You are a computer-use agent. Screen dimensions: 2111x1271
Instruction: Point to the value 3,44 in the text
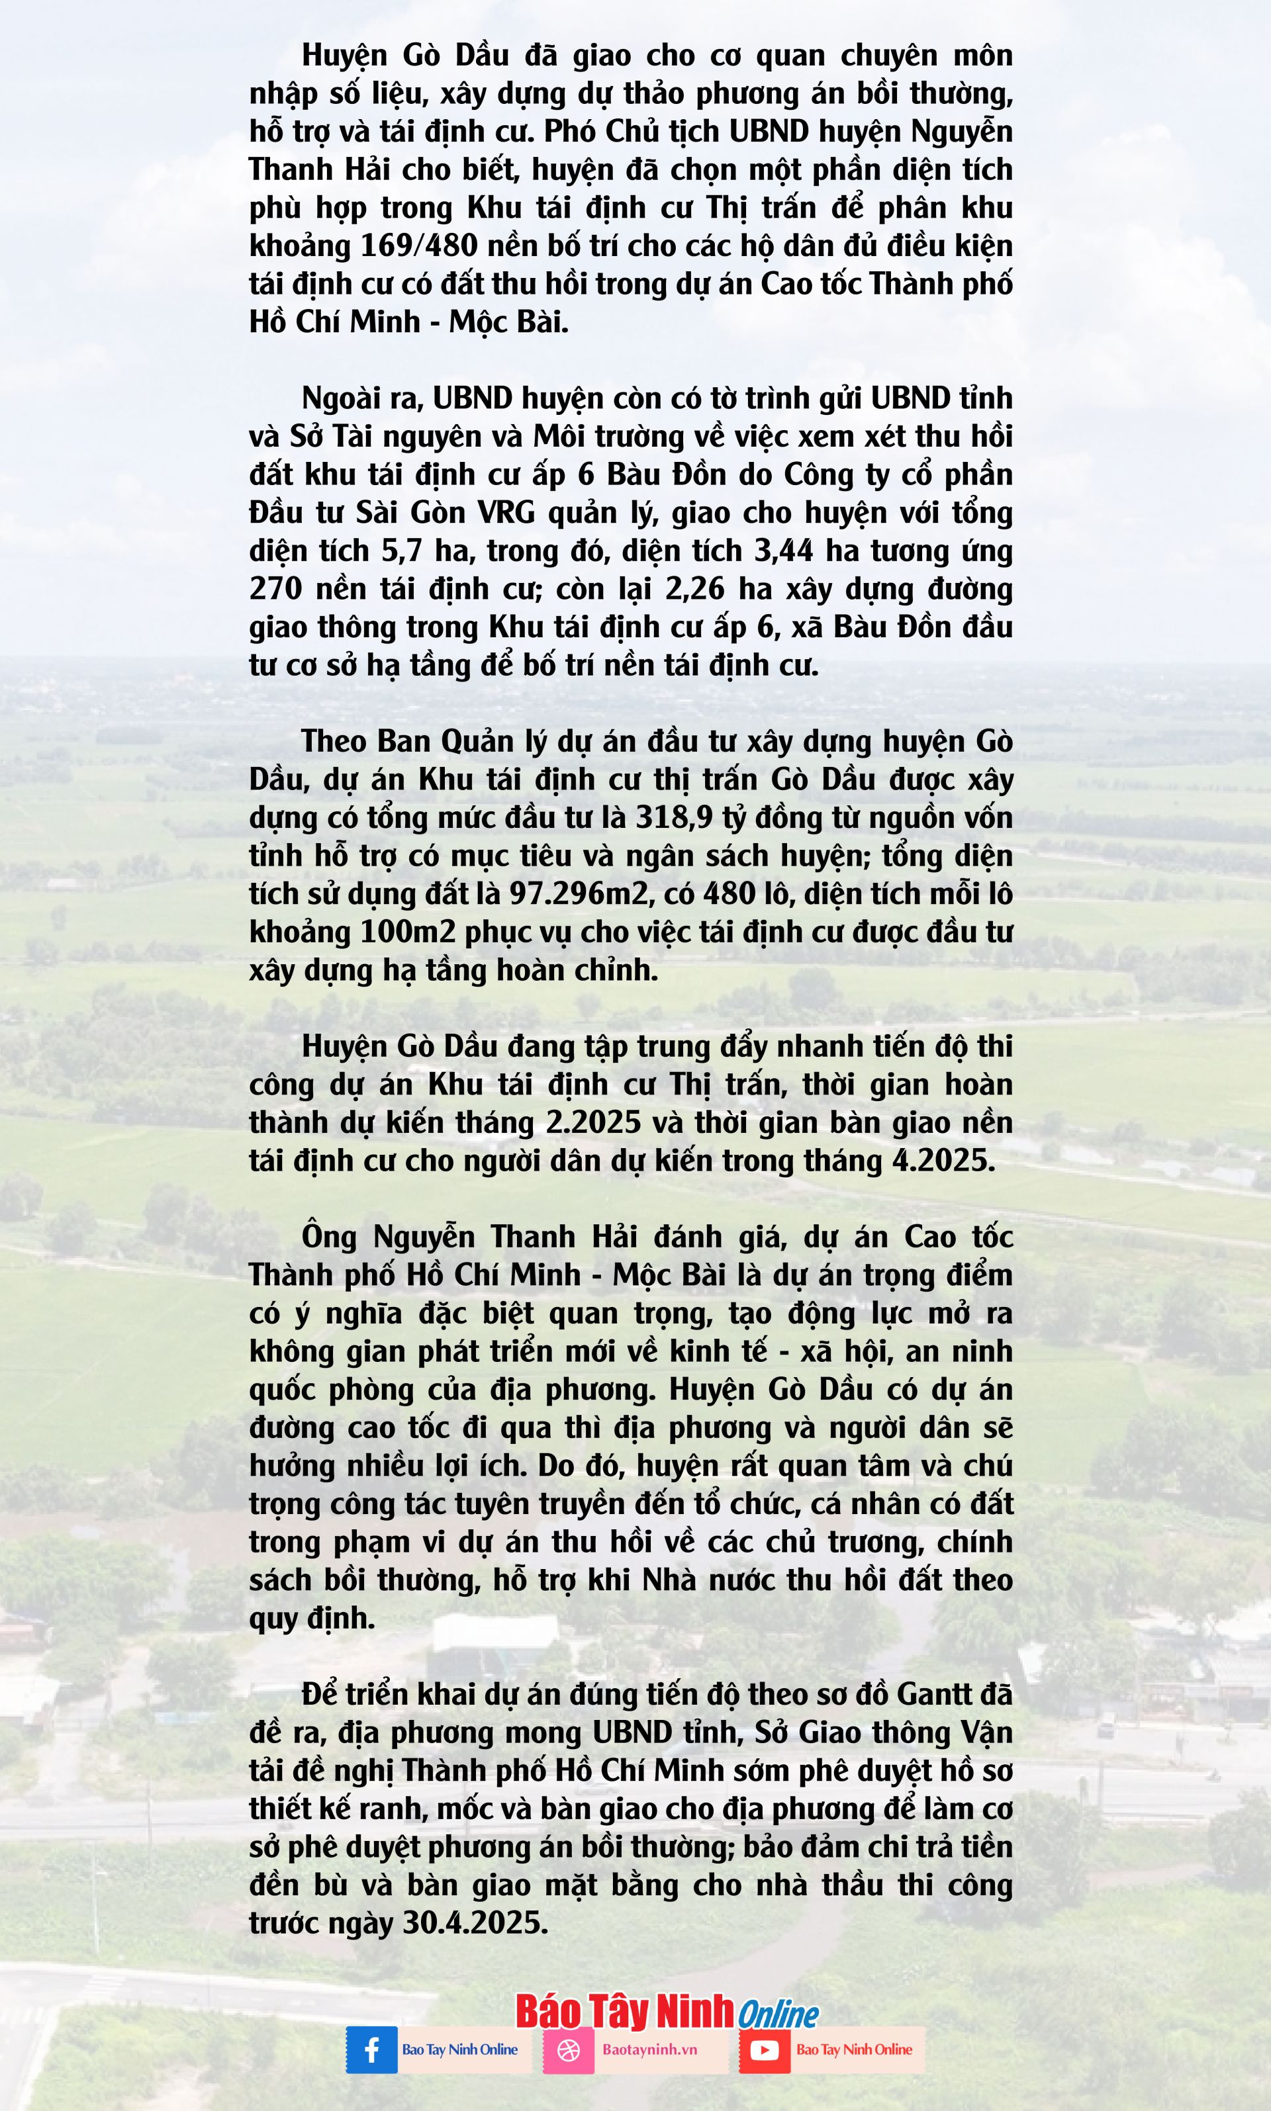tap(783, 551)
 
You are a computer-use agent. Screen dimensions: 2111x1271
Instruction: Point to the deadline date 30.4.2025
tap(475, 1922)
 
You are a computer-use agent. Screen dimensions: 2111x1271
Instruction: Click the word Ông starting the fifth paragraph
tap(328, 1237)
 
